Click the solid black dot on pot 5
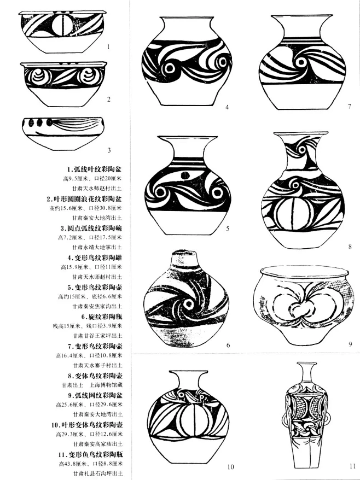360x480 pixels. pyautogui.click(x=185, y=175)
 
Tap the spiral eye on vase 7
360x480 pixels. pyautogui.click(x=301, y=63)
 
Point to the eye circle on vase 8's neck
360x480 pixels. pyautogui.click(x=303, y=150)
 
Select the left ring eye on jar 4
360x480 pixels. pyautogui.click(x=169, y=68)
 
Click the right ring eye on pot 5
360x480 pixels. pyautogui.click(x=218, y=192)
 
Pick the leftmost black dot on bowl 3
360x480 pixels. pyautogui.click(x=31, y=123)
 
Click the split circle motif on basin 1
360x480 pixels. pyautogui.click(x=62, y=25)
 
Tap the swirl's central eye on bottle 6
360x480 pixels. pyautogui.click(x=188, y=304)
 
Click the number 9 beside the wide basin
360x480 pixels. pyautogui.click(x=350, y=344)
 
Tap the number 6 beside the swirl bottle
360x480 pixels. pyautogui.click(x=228, y=345)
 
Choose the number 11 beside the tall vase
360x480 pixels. pyautogui.click(x=352, y=466)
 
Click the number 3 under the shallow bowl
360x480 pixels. pyautogui.click(x=109, y=150)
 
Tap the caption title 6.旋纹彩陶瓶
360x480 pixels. pyautogui.click(x=102, y=317)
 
